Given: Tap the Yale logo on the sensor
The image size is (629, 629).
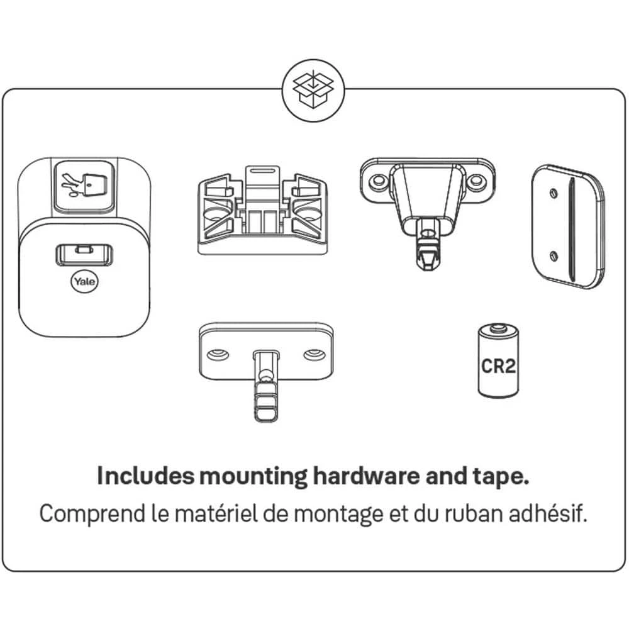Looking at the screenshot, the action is coord(85,281).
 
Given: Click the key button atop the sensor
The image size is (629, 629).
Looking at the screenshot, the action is coord(85,186).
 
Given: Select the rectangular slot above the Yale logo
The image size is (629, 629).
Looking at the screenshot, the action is coord(84,254).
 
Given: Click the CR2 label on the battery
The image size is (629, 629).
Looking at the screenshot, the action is coord(498,366).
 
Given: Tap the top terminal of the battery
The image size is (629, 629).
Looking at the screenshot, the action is coord(498,329).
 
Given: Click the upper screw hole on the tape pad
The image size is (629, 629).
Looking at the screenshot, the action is coord(554,193).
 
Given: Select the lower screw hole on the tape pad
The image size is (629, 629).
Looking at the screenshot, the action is coord(554,255).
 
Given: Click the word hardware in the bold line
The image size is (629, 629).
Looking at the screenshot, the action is coord(366,476).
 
